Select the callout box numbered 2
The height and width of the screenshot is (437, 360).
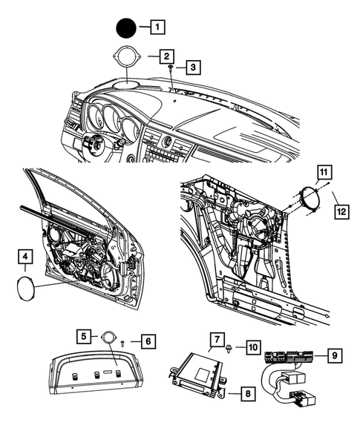click(x=168, y=56)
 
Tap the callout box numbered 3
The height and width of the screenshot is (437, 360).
click(x=192, y=68)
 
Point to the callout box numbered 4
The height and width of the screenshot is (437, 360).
click(x=26, y=257)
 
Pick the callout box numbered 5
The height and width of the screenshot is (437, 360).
click(x=85, y=335)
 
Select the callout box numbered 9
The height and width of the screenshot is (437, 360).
click(x=336, y=357)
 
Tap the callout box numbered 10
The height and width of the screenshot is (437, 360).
click(x=252, y=346)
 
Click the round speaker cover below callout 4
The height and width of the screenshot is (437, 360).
click(x=27, y=286)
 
